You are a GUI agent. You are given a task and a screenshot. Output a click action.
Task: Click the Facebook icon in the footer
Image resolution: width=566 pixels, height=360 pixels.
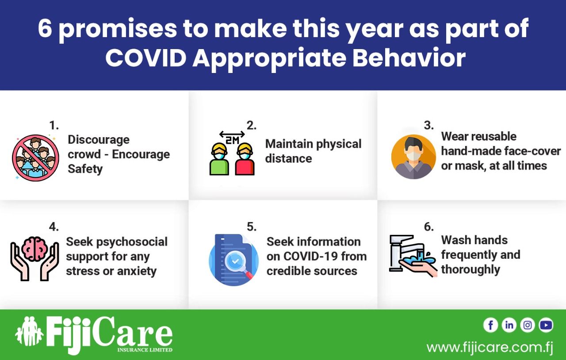[x=490, y=325]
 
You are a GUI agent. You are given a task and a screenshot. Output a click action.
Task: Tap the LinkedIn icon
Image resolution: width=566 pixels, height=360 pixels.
[x=509, y=325]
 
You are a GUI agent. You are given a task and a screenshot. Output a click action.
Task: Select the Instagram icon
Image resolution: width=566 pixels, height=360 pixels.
[x=528, y=325]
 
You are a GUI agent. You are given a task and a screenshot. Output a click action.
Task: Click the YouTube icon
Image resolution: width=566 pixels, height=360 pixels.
[x=546, y=325]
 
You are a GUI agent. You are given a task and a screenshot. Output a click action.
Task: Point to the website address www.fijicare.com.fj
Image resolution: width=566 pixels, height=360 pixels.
[x=490, y=347]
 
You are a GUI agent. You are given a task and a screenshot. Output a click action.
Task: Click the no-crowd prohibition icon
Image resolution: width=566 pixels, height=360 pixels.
[x=36, y=158]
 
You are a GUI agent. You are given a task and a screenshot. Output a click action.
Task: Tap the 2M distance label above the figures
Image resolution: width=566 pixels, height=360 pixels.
[x=232, y=140]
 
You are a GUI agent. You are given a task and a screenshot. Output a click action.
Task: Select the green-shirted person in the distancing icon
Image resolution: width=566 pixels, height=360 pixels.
[x=219, y=159]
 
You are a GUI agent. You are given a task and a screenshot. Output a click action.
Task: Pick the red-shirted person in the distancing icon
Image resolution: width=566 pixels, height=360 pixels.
[x=245, y=159]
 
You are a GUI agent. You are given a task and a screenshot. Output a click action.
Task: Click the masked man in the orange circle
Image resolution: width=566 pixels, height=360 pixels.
[x=413, y=157]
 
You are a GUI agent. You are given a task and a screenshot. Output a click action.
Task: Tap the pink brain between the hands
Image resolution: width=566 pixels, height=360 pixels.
[x=34, y=249]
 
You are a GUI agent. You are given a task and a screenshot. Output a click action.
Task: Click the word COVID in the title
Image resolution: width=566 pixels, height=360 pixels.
[x=146, y=58]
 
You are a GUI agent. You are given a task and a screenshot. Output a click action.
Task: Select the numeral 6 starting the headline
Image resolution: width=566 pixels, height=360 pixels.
[x=45, y=28]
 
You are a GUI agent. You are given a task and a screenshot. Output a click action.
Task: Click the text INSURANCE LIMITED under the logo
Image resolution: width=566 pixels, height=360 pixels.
[x=145, y=350]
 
